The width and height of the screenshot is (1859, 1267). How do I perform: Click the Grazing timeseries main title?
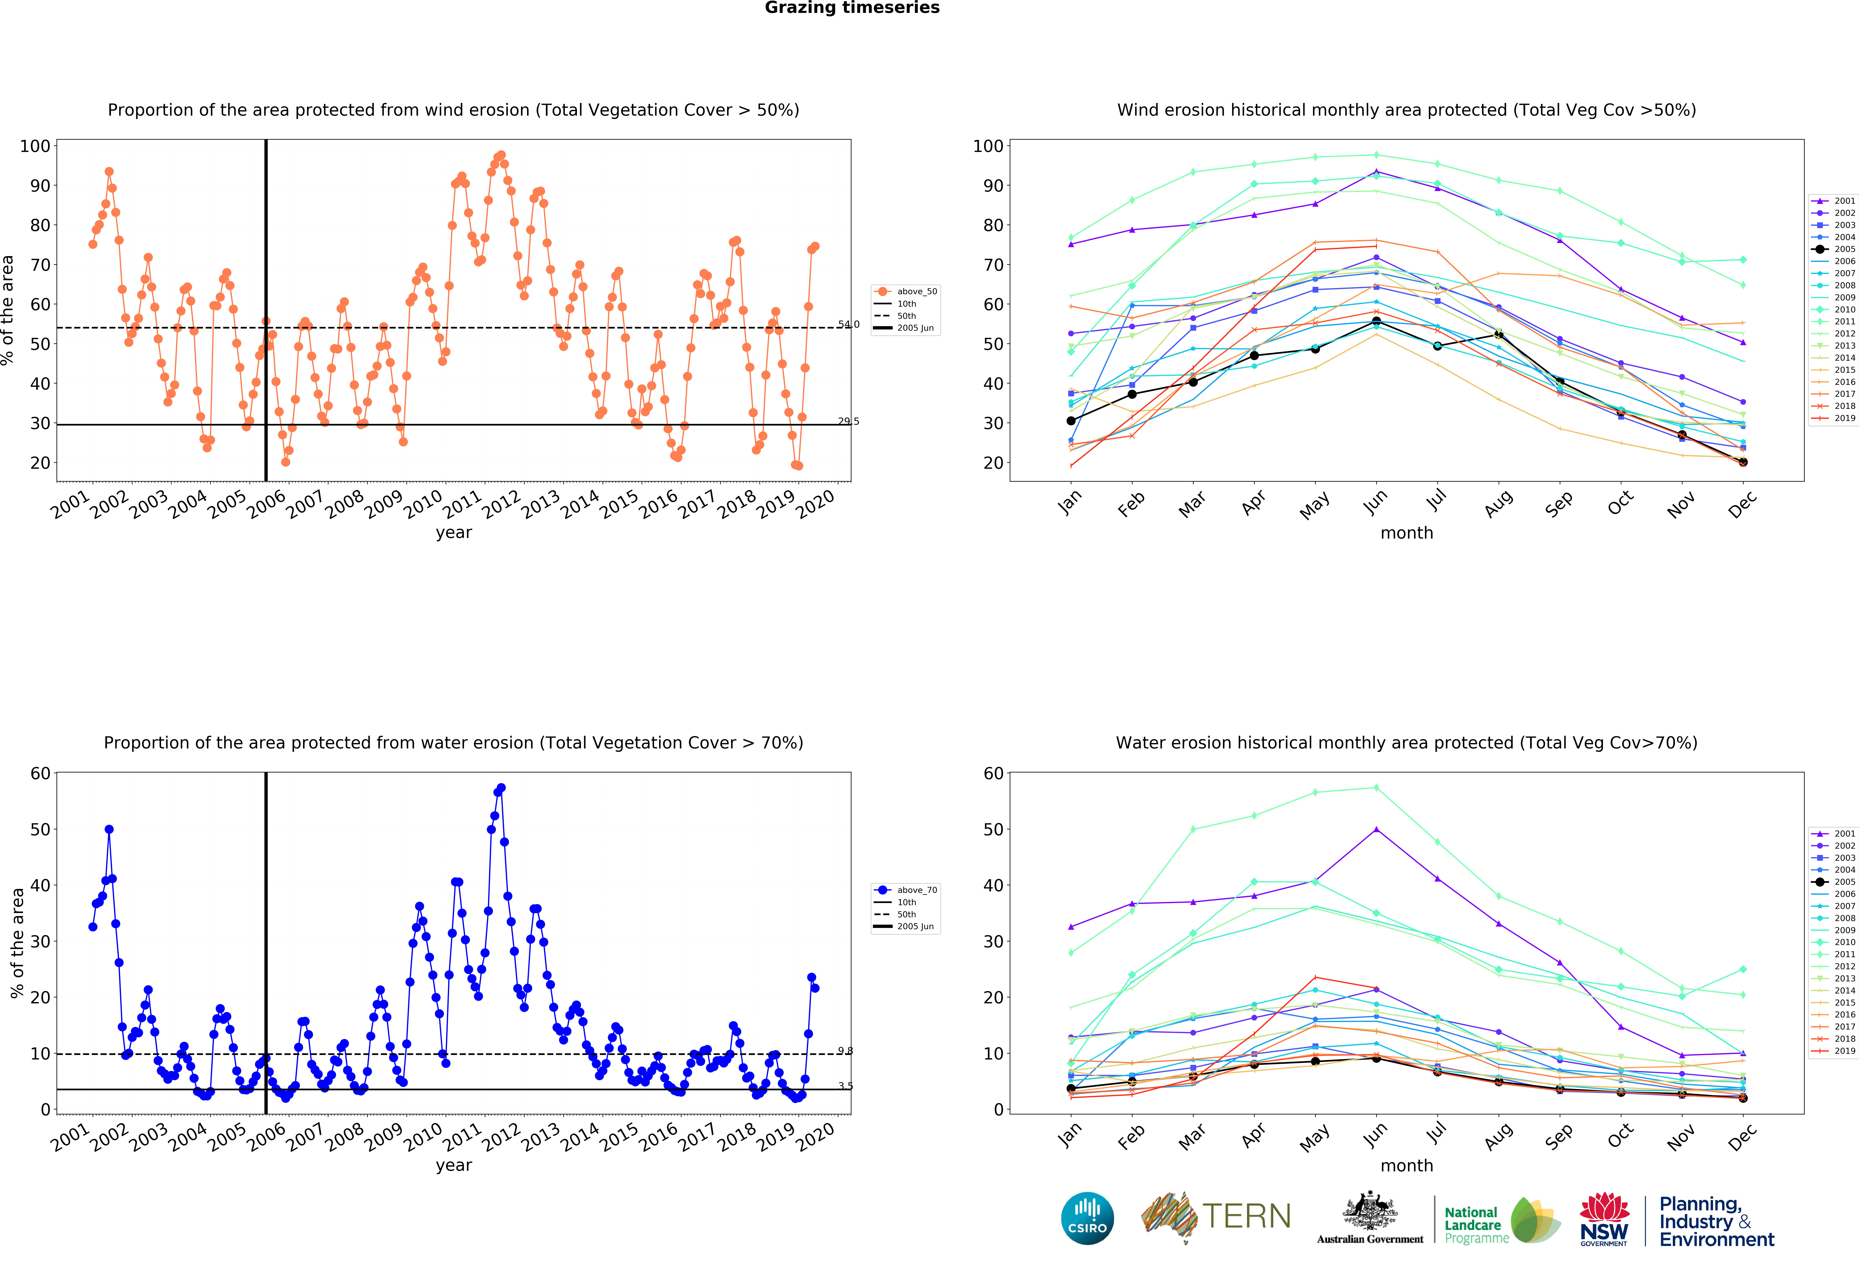[x=852, y=8]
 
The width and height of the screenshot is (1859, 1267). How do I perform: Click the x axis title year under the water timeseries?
[x=454, y=1165]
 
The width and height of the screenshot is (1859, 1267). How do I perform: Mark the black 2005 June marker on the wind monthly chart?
[x=1376, y=322]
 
